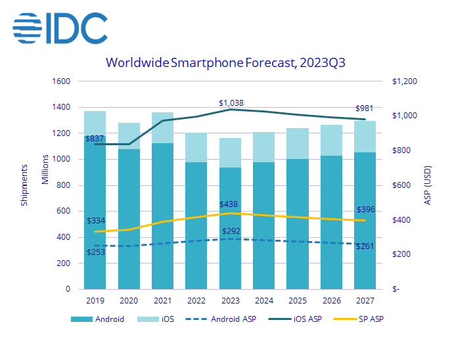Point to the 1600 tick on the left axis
click(61, 81)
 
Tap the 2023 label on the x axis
click(230, 301)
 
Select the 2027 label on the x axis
click(365, 301)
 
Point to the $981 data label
click(365, 108)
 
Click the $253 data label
click(96, 252)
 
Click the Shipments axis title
click(24, 185)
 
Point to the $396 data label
click(366, 210)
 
